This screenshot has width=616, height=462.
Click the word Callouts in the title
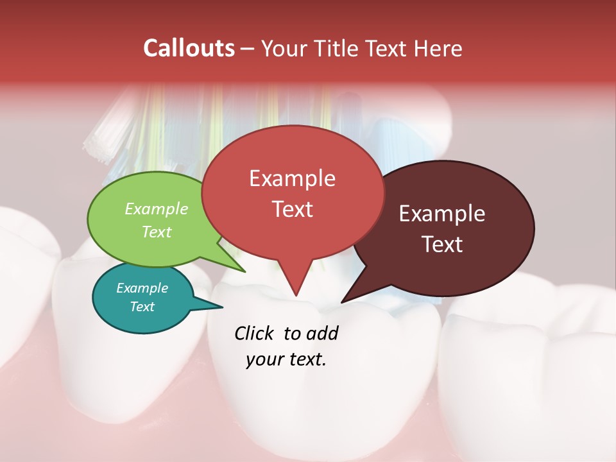189,48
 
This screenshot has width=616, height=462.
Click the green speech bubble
128,244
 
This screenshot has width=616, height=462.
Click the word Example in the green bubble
157,209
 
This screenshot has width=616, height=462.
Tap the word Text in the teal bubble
142,307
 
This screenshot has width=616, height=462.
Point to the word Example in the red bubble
292,178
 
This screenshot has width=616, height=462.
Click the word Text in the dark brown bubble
442,244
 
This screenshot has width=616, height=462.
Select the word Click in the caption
254,333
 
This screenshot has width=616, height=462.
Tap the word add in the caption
321,333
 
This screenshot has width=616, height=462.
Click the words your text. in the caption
286,359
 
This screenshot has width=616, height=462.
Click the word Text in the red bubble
292,209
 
